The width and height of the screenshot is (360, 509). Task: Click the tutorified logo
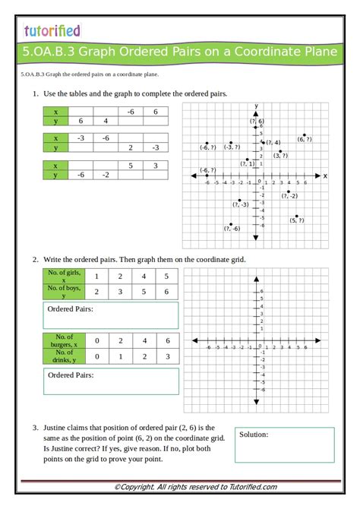point(52,30)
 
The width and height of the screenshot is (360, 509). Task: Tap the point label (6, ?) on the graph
point(305,140)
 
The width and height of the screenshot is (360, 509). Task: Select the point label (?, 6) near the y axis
point(256,122)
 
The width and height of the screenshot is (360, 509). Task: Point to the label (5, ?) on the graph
point(296,220)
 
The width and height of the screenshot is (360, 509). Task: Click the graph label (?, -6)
point(232,229)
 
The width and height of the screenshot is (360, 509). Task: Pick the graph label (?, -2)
point(289,196)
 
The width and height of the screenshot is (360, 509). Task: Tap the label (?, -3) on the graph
point(242,204)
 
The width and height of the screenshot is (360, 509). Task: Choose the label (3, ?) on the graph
point(281,155)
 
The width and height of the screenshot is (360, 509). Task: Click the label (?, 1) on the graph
point(248,163)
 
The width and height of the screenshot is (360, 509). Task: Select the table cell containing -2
point(106,175)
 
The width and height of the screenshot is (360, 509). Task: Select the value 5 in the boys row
point(144,291)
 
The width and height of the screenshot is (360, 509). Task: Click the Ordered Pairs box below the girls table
point(111,315)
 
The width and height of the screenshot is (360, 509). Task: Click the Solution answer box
point(285,445)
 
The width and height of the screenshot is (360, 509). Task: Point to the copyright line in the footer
point(180,487)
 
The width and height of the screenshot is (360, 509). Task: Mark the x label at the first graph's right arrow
point(325,175)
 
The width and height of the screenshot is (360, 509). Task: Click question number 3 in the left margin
point(35,428)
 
